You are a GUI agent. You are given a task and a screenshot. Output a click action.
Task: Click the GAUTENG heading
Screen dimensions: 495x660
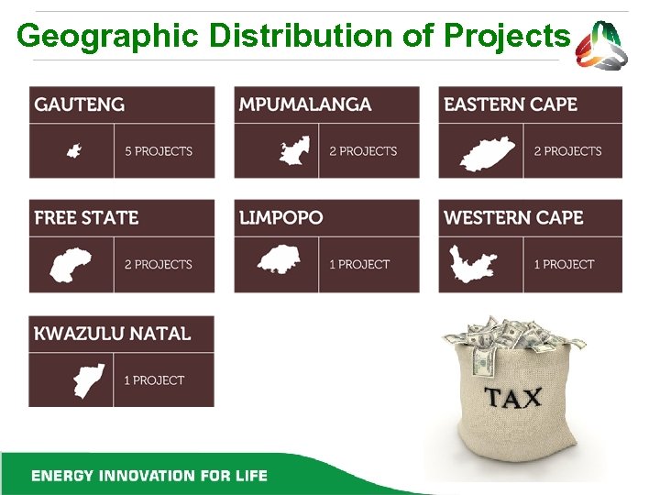point(80,104)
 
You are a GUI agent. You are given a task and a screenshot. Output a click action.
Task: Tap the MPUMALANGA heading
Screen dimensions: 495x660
point(305,104)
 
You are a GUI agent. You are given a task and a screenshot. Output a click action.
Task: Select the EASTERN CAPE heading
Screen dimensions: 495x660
point(511,104)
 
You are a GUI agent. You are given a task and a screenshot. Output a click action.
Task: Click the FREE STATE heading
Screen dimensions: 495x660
point(86,218)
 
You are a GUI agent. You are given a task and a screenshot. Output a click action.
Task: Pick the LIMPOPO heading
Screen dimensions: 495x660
point(281,218)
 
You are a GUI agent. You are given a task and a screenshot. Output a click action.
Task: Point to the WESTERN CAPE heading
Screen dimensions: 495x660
point(513,218)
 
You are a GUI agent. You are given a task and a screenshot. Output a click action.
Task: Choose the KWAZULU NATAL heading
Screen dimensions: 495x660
point(113,334)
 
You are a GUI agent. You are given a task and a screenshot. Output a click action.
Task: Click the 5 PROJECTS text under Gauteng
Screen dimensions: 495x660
point(159,151)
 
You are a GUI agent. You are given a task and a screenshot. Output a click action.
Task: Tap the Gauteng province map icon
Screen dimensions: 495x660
point(73,151)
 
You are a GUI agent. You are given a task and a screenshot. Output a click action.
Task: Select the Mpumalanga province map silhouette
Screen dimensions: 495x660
point(293,151)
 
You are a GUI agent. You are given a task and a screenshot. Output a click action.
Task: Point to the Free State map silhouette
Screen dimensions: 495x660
point(71,265)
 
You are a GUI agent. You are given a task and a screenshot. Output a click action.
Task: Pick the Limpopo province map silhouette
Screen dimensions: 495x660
point(279,261)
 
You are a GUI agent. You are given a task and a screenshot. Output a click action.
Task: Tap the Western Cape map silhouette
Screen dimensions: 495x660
point(473,265)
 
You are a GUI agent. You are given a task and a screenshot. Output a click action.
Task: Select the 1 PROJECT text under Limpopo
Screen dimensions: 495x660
point(359,265)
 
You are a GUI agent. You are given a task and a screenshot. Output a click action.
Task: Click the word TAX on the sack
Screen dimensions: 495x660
point(512,399)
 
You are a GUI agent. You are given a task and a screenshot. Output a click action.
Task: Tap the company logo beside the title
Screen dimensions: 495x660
point(602,43)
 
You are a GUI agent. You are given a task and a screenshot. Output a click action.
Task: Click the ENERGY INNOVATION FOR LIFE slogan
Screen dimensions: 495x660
point(148,476)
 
